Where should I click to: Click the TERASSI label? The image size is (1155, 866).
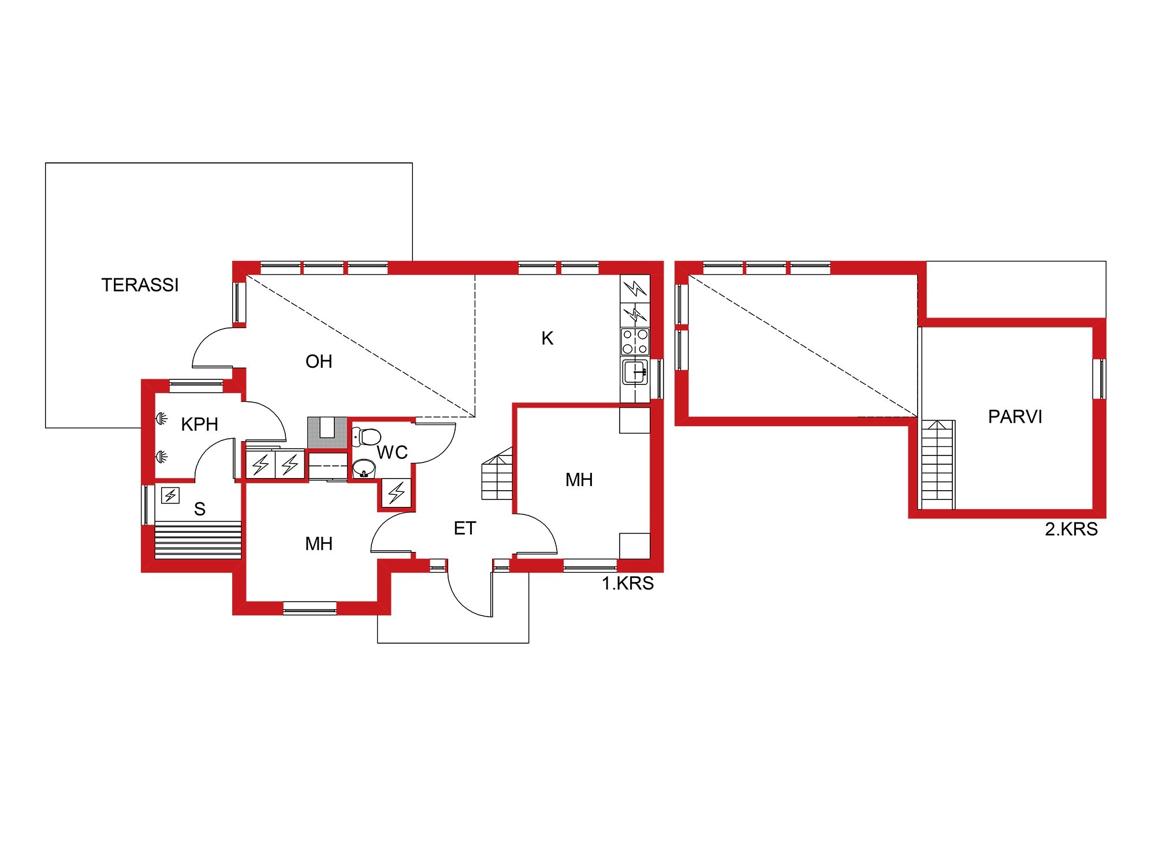tap(140, 285)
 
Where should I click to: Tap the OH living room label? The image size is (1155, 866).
tap(319, 361)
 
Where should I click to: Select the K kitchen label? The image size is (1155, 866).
tap(547, 338)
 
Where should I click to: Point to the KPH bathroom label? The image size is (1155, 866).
tap(199, 424)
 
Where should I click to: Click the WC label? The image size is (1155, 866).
tap(392, 453)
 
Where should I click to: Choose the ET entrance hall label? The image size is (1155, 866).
tap(465, 528)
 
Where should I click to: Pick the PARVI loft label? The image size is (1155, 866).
tap(1015, 417)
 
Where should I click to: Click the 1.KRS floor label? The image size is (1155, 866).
tap(628, 584)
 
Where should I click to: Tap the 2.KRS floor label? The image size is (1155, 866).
tap(1071, 529)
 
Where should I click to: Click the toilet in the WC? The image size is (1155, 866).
tap(366, 436)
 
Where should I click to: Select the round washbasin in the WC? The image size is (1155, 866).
tap(364, 469)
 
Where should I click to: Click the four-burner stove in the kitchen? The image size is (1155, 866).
tap(635, 342)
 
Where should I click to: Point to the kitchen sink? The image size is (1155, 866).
tap(635, 372)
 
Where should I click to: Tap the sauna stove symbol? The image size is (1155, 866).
tap(170, 495)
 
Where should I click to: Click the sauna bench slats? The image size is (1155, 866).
tap(198, 540)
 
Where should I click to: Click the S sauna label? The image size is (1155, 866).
tap(200, 509)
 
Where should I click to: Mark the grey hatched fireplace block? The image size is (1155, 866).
tap(327, 432)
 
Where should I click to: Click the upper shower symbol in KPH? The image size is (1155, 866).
tap(161, 418)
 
